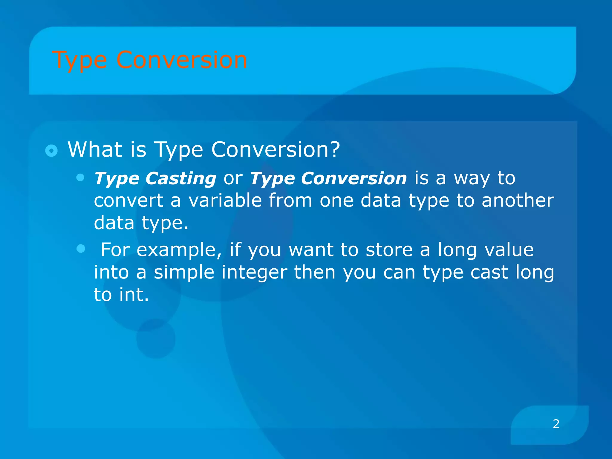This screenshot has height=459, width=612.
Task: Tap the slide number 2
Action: (556, 424)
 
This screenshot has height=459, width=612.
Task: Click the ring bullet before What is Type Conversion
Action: (51, 151)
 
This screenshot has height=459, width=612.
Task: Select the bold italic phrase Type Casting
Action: (155, 178)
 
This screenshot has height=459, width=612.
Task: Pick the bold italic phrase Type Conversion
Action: (328, 178)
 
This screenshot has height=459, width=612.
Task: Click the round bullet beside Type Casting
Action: (80, 178)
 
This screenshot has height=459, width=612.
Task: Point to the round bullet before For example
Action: (80, 248)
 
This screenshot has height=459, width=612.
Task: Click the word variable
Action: (225, 200)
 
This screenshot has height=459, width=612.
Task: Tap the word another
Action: (518, 200)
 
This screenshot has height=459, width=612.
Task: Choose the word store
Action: (389, 250)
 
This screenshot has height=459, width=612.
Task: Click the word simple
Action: (184, 272)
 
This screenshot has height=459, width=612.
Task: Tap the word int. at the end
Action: (134, 295)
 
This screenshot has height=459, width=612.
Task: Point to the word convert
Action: (128, 200)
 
